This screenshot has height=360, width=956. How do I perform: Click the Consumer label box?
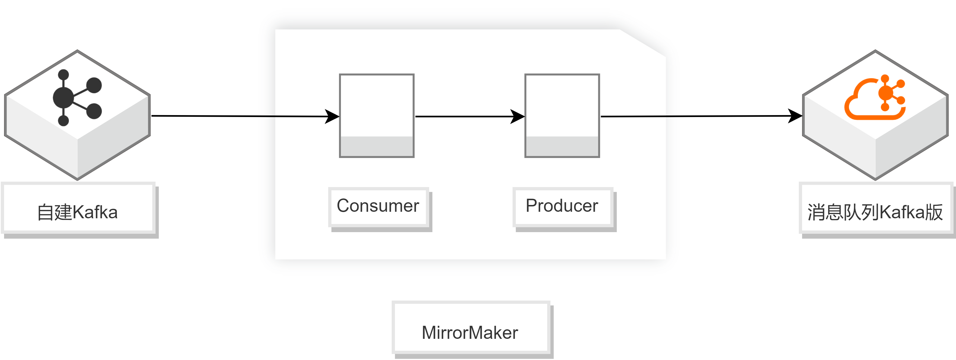tap(379, 207)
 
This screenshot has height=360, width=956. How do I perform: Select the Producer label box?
tap(563, 207)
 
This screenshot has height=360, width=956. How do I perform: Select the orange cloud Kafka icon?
tap(875, 97)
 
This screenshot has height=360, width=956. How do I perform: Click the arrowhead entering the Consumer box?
tap(332, 116)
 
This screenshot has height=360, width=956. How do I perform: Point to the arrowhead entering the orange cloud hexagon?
tap(795, 116)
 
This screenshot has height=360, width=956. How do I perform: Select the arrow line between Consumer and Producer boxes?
tap(470, 116)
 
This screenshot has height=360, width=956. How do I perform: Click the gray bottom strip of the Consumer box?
tap(377, 146)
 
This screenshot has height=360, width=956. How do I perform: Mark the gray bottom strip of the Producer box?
tap(562, 146)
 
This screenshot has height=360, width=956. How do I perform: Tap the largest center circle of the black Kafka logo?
tap(64, 98)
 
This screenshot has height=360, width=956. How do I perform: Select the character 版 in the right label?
tap(934, 212)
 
